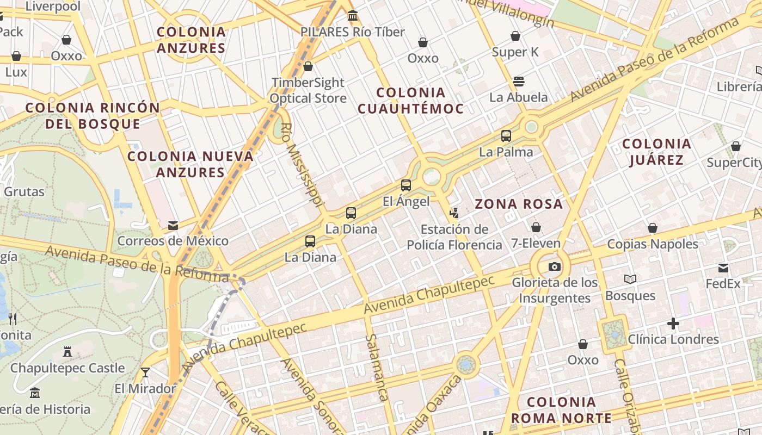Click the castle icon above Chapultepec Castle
click(67, 352)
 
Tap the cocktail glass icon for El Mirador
click(145, 372)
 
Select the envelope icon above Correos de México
click(173, 225)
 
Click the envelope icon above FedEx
click(723, 268)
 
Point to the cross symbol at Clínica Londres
click(673, 324)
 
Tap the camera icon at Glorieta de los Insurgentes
click(554, 266)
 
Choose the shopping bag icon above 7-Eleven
click(536, 227)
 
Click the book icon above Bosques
click(630, 279)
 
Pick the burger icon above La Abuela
click(518, 82)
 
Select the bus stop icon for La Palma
click(506, 136)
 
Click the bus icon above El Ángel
click(406, 185)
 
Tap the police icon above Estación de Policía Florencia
click(454, 213)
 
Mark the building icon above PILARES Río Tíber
click(353, 16)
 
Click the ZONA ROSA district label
click(519, 204)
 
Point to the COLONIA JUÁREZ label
click(656, 152)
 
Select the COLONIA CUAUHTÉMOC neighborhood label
click(411, 101)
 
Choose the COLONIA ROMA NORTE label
click(562, 410)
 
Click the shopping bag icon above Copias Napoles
click(653, 228)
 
